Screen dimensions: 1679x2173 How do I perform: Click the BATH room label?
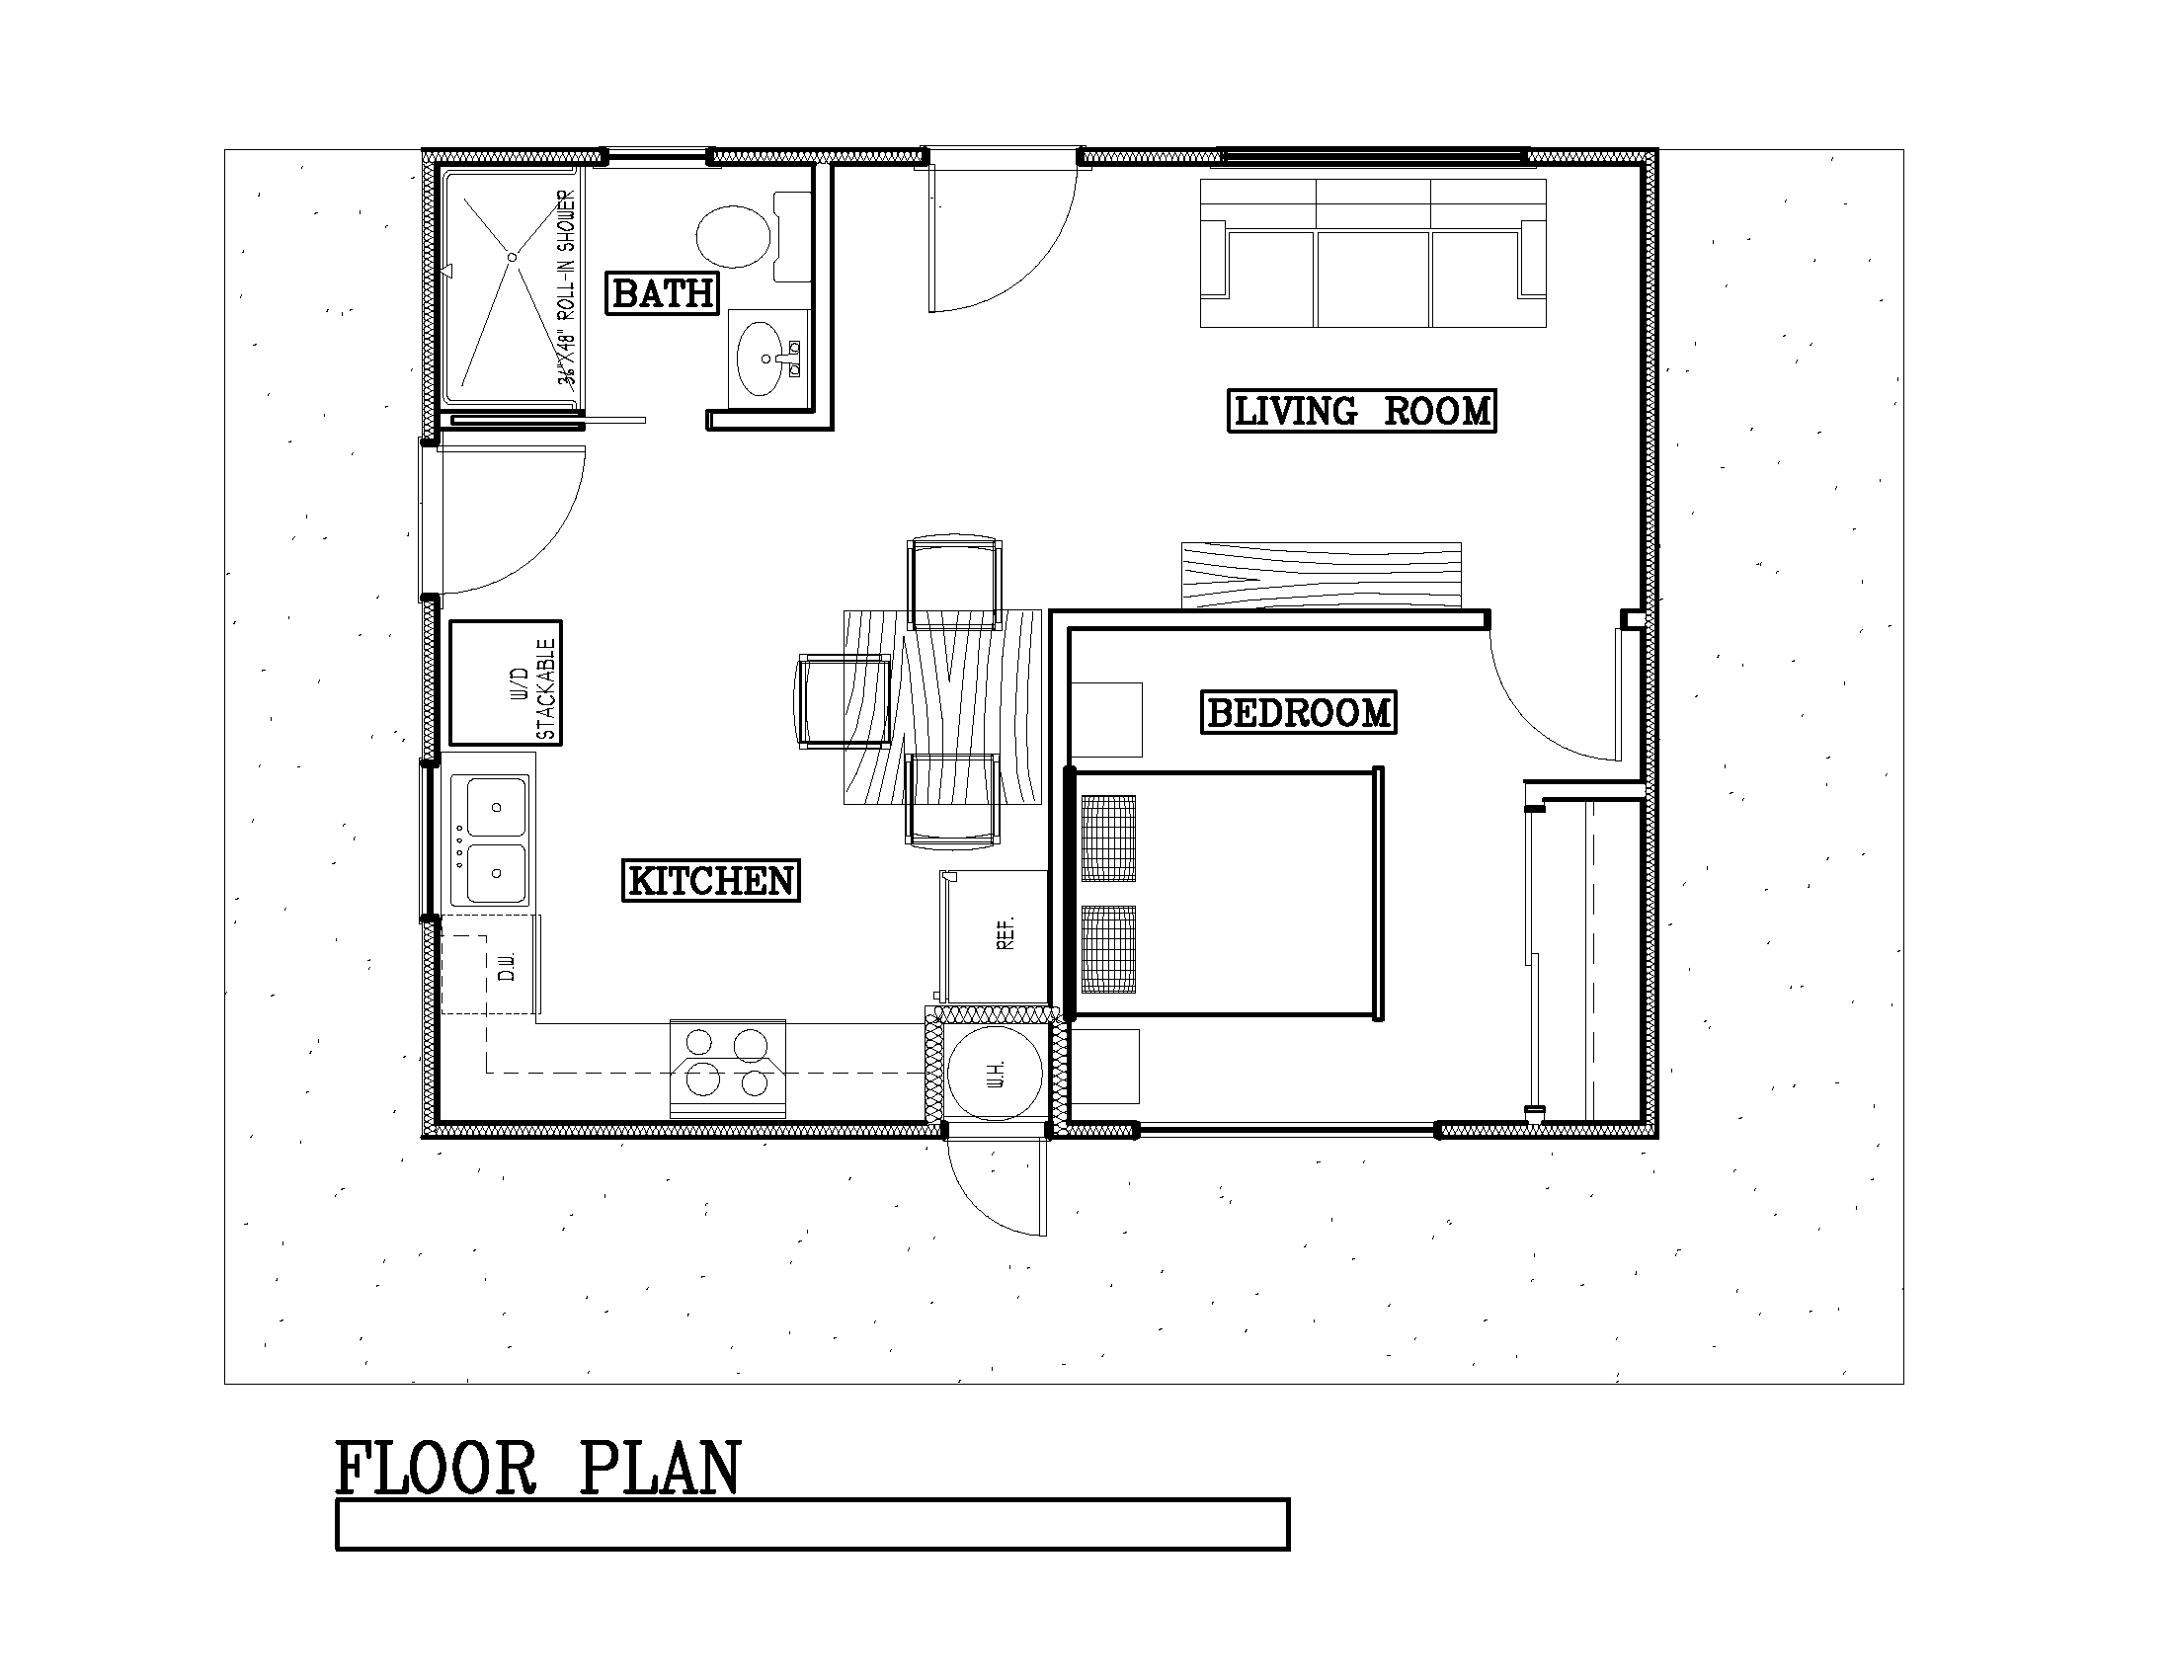tap(663, 293)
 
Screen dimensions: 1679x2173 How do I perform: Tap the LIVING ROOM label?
tap(1361, 411)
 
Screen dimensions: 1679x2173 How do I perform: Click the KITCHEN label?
tap(710, 881)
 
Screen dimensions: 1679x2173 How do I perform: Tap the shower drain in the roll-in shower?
tap(512, 258)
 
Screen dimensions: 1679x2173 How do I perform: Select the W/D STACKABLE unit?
tap(506, 683)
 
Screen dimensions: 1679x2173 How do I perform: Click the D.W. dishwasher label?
tap(506, 966)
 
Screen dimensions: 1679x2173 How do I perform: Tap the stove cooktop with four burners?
tap(727, 1069)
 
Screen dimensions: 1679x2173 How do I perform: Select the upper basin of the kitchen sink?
tap(496, 807)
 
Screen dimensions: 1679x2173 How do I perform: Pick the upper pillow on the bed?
tap(1108, 838)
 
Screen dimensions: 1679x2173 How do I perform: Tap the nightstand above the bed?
tap(1106, 719)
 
